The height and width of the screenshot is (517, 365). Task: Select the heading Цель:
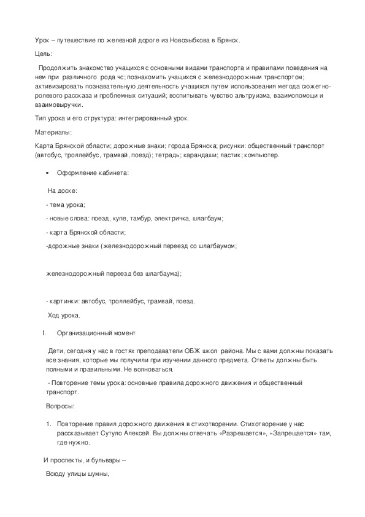44,54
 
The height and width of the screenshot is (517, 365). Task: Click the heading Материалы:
53,132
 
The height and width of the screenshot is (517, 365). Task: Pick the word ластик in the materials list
215,155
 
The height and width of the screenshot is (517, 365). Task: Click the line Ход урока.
64,316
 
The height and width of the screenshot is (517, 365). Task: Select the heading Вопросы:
61,406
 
